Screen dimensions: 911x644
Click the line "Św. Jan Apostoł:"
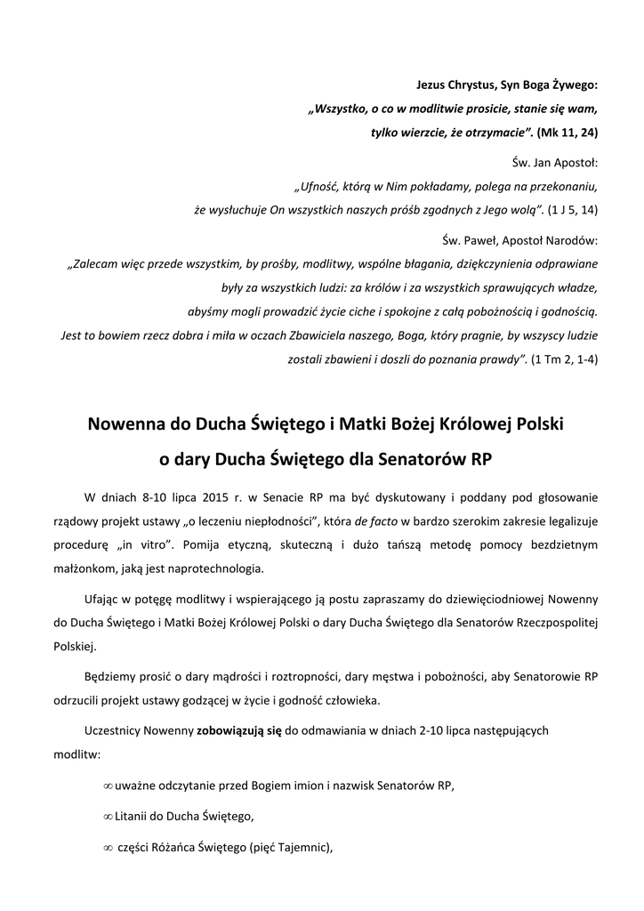tap(556, 165)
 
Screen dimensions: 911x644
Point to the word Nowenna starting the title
tap(125, 423)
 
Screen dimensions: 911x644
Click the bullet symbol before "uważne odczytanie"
tap(108, 786)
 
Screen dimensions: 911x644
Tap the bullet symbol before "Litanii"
tap(108, 817)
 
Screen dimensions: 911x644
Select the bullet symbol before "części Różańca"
tap(108, 848)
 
